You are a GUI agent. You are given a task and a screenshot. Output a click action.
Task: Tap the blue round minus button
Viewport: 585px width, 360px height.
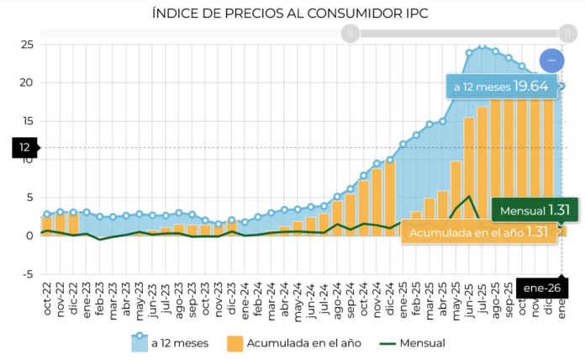552,61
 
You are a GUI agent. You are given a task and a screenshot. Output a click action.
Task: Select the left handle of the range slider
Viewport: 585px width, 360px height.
350,34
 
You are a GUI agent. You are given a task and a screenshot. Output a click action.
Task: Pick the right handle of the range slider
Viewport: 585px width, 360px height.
567,34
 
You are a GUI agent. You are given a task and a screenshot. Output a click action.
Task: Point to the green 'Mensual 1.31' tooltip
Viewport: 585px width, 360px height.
524,210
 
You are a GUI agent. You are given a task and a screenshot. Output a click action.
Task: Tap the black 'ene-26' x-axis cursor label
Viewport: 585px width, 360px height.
541,288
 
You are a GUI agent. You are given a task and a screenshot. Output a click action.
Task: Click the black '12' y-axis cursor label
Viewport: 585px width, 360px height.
24,148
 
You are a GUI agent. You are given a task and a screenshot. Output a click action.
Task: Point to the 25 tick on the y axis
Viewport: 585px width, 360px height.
26,44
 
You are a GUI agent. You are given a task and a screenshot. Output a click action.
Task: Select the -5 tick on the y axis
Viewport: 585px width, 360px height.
26,273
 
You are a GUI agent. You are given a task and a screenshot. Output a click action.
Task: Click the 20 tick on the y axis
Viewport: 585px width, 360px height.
26,82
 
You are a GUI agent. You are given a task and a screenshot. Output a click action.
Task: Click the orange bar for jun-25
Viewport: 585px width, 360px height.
469,177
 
